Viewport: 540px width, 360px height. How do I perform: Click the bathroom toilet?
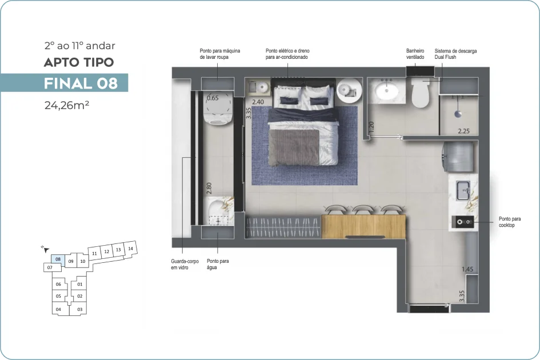[421, 93]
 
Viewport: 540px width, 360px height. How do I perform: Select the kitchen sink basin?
[463, 190]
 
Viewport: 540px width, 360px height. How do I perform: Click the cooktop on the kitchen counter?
[463, 222]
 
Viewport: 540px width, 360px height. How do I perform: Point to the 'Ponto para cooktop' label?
[510, 222]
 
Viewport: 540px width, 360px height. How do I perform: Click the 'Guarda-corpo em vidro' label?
[185, 264]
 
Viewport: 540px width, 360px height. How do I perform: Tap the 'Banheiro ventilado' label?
[415, 54]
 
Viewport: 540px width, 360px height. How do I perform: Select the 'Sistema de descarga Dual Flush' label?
[455, 54]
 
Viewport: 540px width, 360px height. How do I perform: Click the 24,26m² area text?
[67, 105]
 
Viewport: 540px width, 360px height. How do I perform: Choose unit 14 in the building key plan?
[130, 249]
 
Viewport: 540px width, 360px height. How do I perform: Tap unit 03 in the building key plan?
[79, 309]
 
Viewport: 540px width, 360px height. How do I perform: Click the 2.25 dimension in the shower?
[463, 131]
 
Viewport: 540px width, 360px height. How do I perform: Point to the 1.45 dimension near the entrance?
[467, 269]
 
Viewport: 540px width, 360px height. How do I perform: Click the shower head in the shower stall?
[458, 113]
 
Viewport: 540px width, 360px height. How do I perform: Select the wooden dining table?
[363, 226]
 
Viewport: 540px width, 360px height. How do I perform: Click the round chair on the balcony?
[218, 108]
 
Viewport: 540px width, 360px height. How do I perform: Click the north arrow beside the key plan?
[46, 249]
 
